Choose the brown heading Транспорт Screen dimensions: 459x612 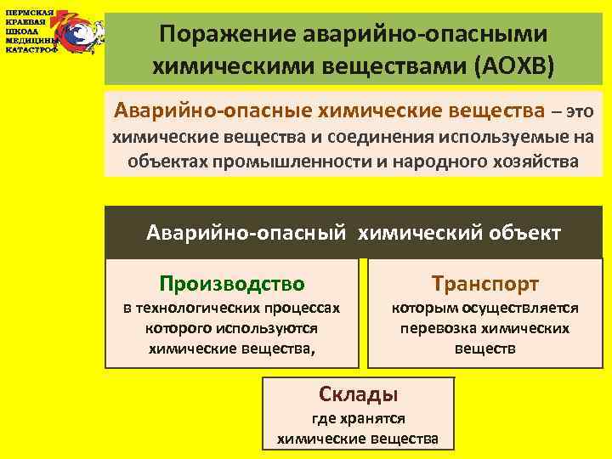[484, 283]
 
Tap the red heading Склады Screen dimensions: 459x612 [358, 394]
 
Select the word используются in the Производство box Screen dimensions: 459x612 [271, 328]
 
